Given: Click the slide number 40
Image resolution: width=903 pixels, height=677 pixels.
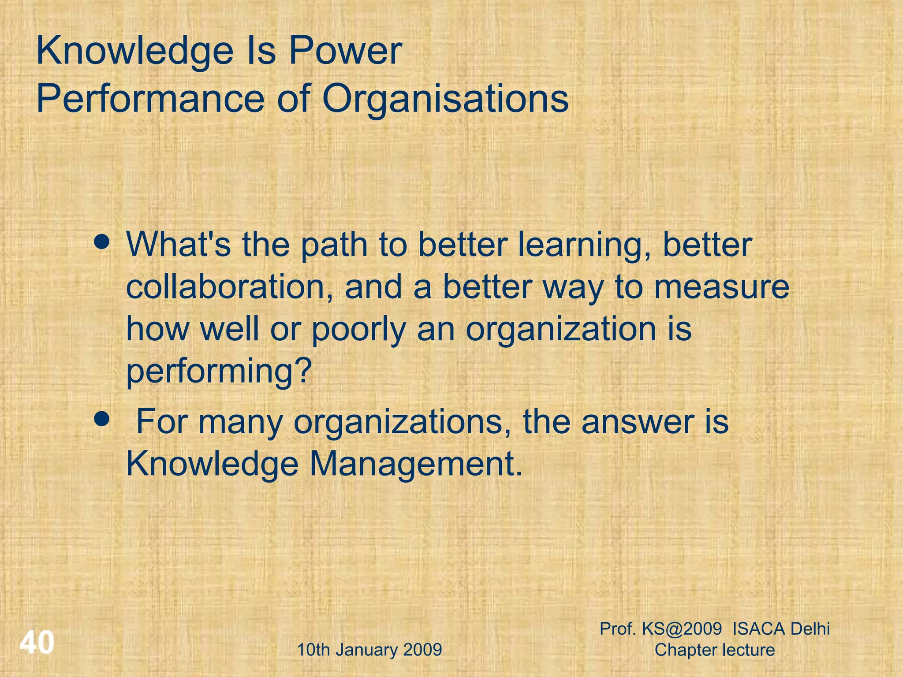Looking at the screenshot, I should [37, 642].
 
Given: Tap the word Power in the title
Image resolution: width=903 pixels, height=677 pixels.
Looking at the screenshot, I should [345, 51].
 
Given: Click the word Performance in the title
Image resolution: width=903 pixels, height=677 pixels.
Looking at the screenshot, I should [150, 99].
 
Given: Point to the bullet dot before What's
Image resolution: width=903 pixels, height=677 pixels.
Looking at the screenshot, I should [102, 242].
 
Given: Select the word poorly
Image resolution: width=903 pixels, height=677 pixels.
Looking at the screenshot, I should [358, 329].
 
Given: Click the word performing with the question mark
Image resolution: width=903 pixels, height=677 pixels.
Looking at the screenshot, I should [219, 371].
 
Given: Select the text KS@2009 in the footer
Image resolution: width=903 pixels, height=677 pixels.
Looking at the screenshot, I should [682, 629].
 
